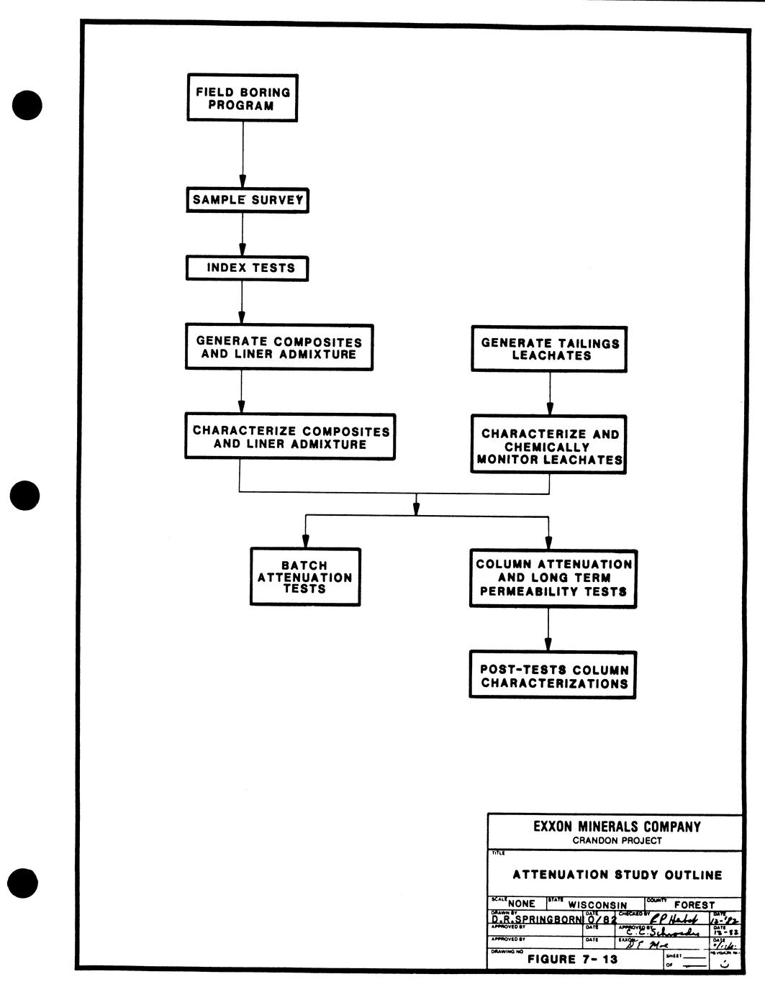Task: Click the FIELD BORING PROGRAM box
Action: pos(242,98)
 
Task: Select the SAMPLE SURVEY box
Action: pos(247,200)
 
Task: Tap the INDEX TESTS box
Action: pos(247,268)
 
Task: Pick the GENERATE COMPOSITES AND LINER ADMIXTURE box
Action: pos(279,347)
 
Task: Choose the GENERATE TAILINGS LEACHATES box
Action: pos(550,349)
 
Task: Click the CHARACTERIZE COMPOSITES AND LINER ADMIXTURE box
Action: pos(290,437)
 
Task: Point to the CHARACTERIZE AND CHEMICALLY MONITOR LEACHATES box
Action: pos(549,445)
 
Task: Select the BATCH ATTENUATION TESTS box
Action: pos(305,577)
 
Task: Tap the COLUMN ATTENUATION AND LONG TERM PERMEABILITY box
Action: pos(553,578)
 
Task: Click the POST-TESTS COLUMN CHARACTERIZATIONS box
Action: pos(553,675)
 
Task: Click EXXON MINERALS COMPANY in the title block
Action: pos(617,827)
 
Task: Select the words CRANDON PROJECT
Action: pos(617,840)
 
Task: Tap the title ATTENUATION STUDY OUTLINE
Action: pos(617,875)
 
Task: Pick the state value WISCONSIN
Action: pos(597,905)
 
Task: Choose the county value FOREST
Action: pos(694,905)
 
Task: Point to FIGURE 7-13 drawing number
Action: pos(572,959)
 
